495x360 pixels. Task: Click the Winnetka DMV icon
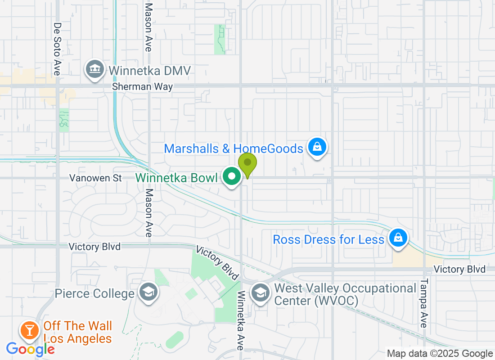(x=94, y=70)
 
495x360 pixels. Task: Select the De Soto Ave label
(x=57, y=49)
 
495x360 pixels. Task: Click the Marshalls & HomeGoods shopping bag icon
(x=317, y=147)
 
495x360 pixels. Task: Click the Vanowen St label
(x=95, y=178)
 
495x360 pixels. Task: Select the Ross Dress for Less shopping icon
(x=398, y=237)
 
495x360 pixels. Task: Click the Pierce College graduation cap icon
(x=148, y=292)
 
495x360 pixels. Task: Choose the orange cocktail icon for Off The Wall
(x=30, y=330)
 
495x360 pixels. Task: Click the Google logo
(x=31, y=349)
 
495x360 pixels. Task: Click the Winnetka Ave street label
(x=241, y=320)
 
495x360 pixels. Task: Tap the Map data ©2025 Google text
(x=440, y=354)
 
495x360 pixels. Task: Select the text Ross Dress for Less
(x=328, y=239)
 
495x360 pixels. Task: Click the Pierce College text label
(x=94, y=294)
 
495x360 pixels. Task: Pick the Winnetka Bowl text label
(x=176, y=177)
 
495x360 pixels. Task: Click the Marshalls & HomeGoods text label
(x=234, y=148)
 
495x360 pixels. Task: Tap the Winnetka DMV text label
(x=149, y=71)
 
